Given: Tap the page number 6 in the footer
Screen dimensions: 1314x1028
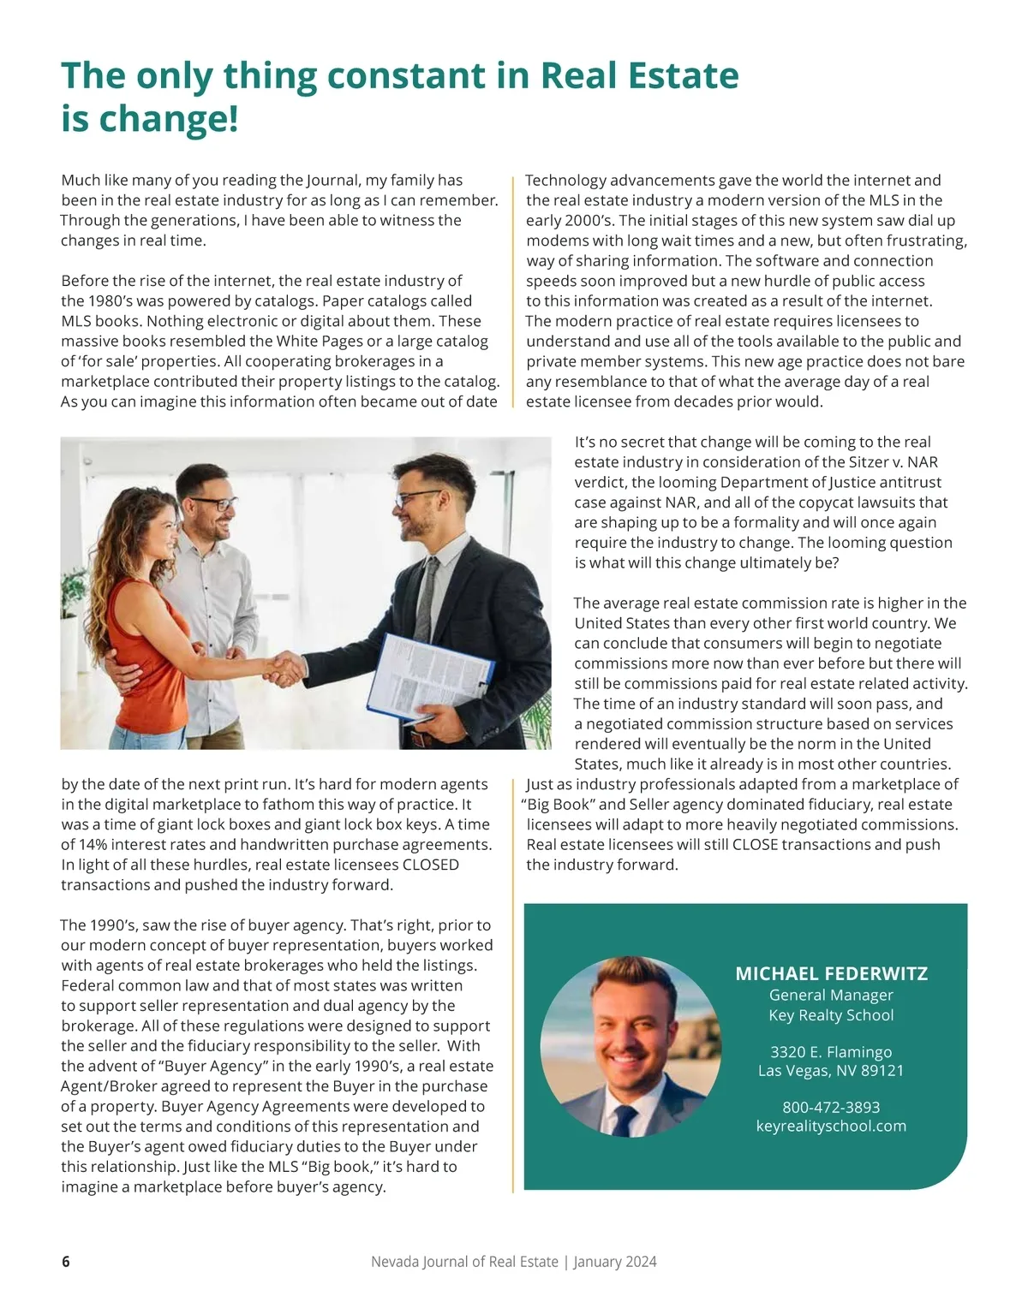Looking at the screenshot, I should tap(66, 1262).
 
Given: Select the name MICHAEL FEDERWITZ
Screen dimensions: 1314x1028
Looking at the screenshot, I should tap(831, 973).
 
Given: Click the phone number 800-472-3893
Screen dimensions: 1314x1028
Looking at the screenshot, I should tap(831, 1107).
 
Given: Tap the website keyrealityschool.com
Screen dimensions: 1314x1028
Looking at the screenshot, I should tap(831, 1126).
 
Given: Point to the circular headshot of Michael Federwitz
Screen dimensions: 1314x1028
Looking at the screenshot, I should tap(631, 1046).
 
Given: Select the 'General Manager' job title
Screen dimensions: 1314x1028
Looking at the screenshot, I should tap(831, 995).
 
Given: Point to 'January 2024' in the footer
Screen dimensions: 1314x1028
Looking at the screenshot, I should tap(615, 1262).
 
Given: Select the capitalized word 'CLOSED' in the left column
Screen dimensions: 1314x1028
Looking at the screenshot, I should tap(430, 865).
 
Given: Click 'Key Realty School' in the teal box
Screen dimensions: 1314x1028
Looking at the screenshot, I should tap(831, 1015).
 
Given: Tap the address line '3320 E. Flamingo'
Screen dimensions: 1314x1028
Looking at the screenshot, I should tap(831, 1052).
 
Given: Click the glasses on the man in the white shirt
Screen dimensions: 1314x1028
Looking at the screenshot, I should tap(212, 503).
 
